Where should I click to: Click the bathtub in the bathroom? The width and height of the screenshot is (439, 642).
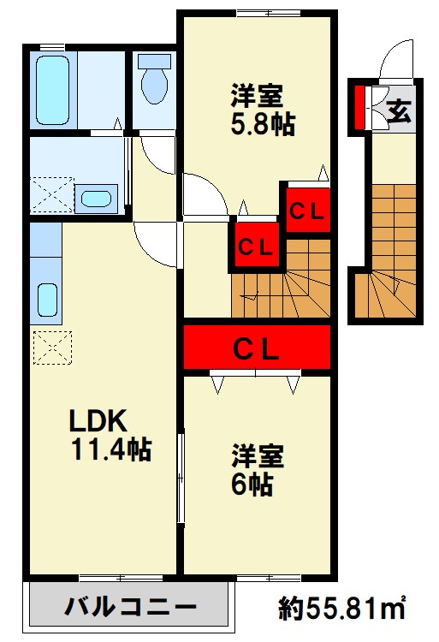52,90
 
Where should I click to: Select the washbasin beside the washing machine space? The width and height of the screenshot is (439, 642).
96,199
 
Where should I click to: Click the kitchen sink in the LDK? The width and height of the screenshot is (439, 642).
47,300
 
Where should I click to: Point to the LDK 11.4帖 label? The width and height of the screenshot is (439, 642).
110,435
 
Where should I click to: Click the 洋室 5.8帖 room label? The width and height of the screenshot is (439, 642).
262,109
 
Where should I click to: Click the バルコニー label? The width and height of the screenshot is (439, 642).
130,607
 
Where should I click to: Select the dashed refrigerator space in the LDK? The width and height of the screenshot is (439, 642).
52,348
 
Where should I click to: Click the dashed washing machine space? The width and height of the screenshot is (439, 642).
52,195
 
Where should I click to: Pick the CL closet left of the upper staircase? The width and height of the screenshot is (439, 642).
257,246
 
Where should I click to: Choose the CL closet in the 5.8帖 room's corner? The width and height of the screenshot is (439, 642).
308,211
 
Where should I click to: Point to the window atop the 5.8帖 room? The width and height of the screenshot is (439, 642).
269,13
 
